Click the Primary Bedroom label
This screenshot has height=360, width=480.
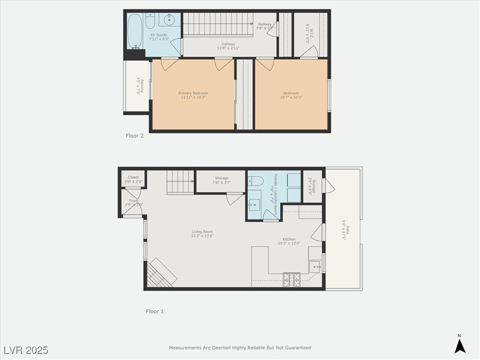click(193, 95)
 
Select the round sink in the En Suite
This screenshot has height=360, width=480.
click(169, 20)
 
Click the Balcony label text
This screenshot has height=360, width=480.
click(140, 87)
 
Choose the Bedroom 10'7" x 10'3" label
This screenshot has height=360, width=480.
click(291, 95)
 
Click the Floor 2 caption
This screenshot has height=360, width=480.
click(135, 136)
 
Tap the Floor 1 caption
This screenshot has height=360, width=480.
click(155, 311)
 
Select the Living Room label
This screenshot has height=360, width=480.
click(202, 234)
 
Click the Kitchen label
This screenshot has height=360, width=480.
click(285, 241)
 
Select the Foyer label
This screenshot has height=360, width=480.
click(134, 202)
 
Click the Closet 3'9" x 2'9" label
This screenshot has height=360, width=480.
click(133, 179)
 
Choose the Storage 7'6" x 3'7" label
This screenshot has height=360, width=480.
click(222, 180)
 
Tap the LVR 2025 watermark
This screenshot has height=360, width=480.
click(26, 350)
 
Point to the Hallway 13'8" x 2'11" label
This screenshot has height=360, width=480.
click(228, 46)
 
